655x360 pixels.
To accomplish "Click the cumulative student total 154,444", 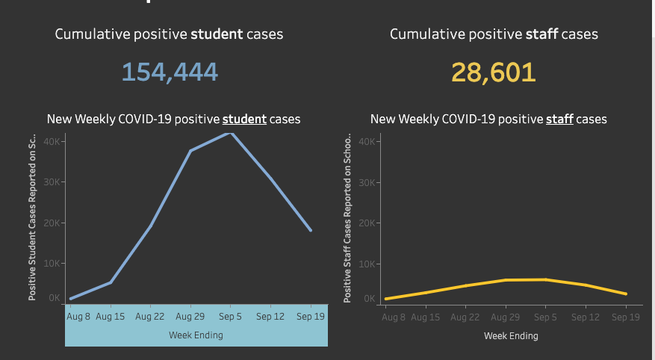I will pos(170,72).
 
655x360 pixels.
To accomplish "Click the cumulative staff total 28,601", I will pos(494,72).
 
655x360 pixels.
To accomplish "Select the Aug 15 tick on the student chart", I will pos(110,317).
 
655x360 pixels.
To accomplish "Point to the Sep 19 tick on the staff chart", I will pos(626,317).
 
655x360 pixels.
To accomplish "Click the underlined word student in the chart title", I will pos(245,120).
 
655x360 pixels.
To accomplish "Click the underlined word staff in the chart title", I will pos(559,120).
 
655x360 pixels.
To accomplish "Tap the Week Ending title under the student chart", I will pos(196,335).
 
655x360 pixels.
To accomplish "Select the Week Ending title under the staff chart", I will pos(511,336).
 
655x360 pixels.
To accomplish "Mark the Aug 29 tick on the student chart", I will pos(190,317).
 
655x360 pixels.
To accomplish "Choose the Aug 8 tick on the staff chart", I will pos(393,317).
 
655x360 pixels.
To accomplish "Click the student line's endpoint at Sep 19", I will pos(311,230).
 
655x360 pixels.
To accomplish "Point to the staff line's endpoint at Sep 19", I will pos(626,294).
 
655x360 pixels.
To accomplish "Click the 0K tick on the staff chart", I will pos(369,299).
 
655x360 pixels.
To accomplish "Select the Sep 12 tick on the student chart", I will pos(270,317).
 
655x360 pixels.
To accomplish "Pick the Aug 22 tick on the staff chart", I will pos(465,317).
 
